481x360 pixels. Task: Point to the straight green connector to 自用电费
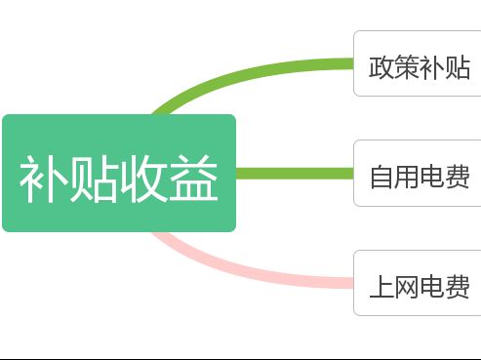tap(293, 174)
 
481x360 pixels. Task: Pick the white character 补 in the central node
tap(44, 179)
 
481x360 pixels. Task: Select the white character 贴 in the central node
tap(94, 179)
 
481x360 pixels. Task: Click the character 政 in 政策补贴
tap(381, 67)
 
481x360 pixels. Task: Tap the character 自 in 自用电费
tap(381, 178)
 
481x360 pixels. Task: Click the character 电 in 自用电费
tap(432, 178)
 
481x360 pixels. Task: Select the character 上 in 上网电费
tap(381, 288)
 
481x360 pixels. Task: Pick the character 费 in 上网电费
tap(458, 288)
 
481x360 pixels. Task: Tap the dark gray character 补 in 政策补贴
tap(432, 67)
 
